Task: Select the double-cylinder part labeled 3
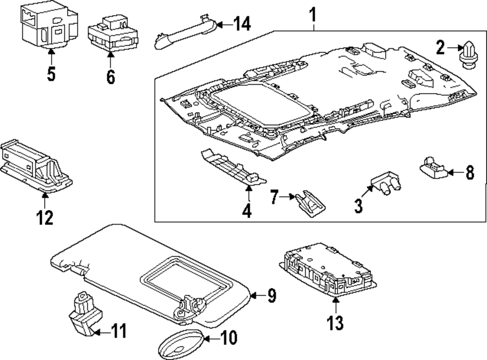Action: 387,185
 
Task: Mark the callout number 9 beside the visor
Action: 271,295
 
